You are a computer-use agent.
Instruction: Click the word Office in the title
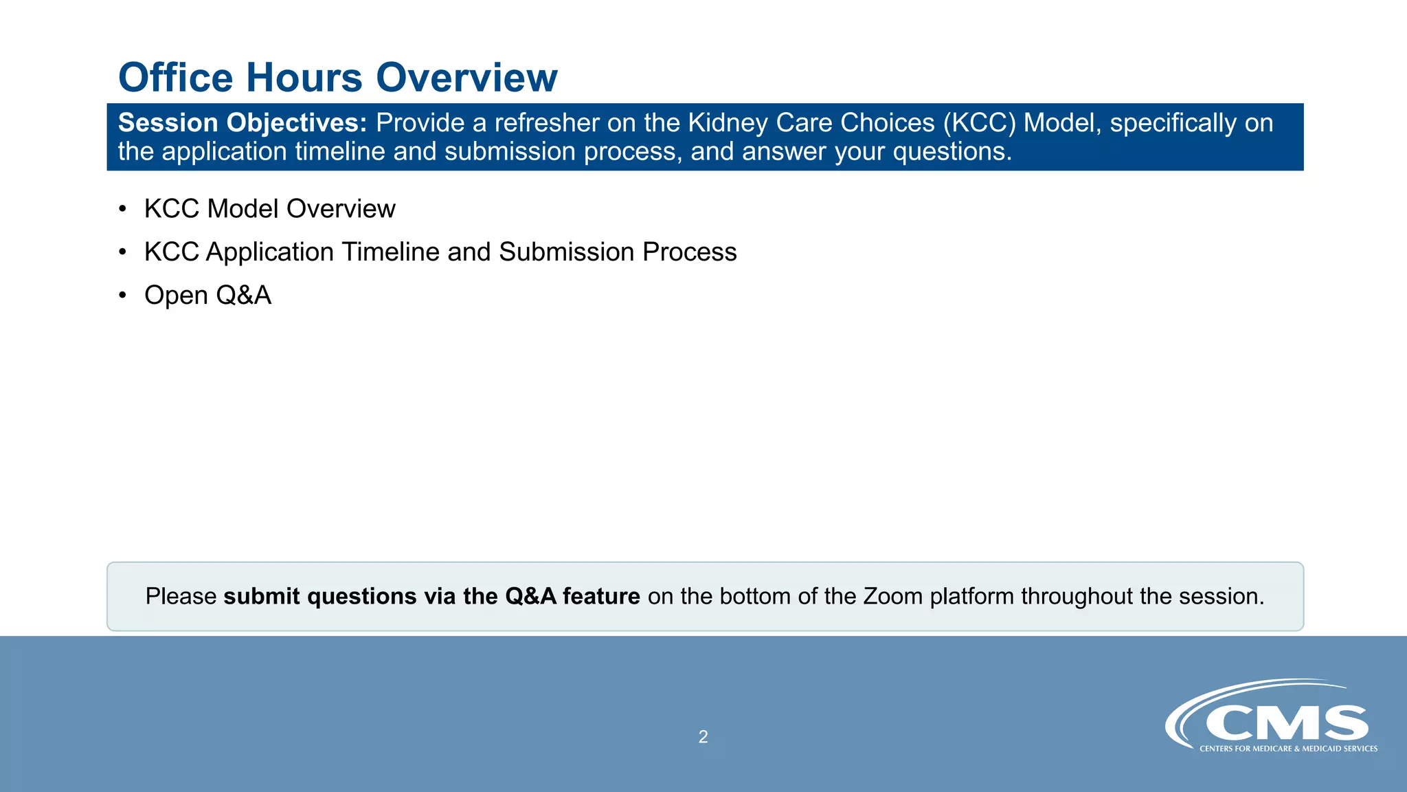(176, 77)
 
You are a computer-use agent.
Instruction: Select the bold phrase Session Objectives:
(243, 123)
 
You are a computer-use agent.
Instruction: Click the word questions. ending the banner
(952, 152)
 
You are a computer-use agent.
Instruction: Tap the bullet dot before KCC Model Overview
(122, 209)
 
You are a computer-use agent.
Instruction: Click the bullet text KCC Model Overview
(269, 209)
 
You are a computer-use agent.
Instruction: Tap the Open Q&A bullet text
(207, 296)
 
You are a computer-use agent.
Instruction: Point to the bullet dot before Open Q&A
(122, 296)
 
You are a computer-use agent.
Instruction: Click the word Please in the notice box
(181, 596)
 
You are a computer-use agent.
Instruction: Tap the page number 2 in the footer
(703, 737)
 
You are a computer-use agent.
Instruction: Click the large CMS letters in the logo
(1286, 723)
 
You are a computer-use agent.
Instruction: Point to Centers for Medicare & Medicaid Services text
(1288, 749)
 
